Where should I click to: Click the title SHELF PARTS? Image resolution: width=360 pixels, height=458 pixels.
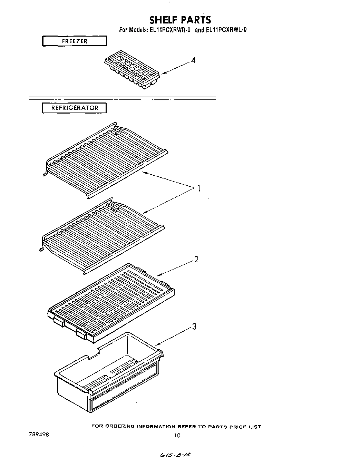click(x=180, y=19)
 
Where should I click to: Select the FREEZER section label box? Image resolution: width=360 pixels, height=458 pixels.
click(x=75, y=41)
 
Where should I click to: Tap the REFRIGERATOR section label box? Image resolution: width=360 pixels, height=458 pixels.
click(x=75, y=108)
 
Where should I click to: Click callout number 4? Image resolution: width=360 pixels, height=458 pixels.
click(x=193, y=61)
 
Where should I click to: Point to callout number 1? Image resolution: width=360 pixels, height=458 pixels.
click(x=199, y=188)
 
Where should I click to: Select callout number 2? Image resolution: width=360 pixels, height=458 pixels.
click(x=196, y=260)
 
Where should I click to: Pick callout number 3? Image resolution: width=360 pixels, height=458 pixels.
click(x=194, y=327)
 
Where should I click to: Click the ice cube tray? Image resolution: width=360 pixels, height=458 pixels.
click(x=132, y=71)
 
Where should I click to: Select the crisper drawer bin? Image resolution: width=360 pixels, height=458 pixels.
click(x=109, y=373)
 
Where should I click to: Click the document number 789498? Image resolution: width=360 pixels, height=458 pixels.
click(x=39, y=435)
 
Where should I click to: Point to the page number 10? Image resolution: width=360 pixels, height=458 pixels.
click(x=177, y=436)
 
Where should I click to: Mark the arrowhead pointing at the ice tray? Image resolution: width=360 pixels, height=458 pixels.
click(x=163, y=73)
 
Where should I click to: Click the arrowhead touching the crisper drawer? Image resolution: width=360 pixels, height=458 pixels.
click(x=157, y=344)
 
